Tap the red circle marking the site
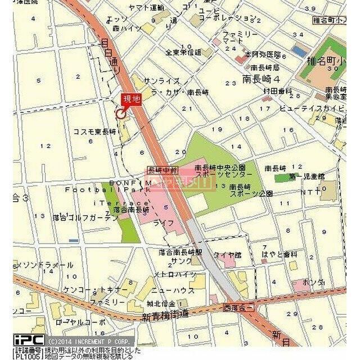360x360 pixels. (x=120, y=114)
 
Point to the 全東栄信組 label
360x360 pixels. (x=183, y=52)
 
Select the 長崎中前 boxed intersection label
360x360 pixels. (x=163, y=169)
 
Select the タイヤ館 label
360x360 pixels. (x=227, y=255)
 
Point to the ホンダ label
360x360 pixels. (x=313, y=282)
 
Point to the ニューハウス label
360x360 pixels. (x=170, y=290)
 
